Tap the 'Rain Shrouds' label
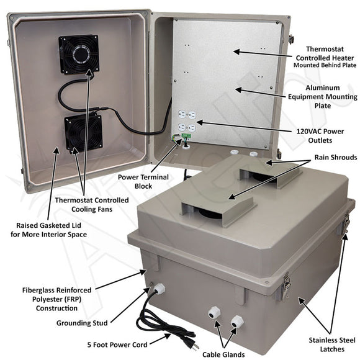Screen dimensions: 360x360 [326, 158]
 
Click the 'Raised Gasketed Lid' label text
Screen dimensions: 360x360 [52, 230]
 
